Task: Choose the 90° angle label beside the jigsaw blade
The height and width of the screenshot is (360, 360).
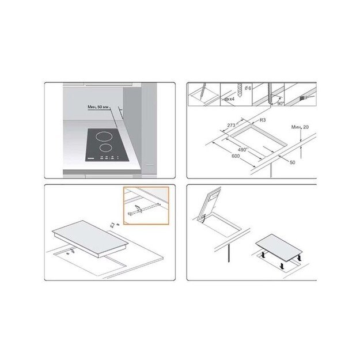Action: (279, 103)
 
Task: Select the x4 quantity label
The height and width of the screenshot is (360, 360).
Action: (229, 98)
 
